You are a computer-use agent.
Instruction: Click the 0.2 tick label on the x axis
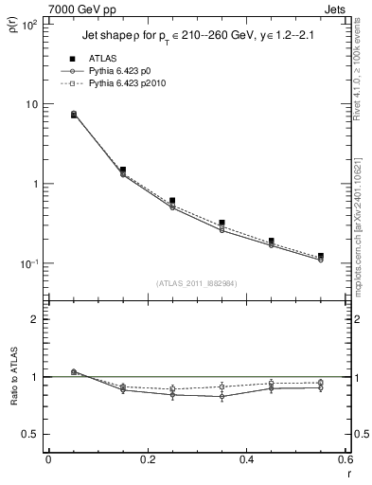click(x=147, y=461)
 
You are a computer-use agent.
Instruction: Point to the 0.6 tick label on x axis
click(x=345, y=461)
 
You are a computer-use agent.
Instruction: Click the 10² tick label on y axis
click(x=29, y=25)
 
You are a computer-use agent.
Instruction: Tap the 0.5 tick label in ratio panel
click(x=31, y=434)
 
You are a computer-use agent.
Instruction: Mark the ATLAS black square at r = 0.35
click(x=221, y=223)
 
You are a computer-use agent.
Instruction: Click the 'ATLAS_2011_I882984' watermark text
click(x=197, y=283)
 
